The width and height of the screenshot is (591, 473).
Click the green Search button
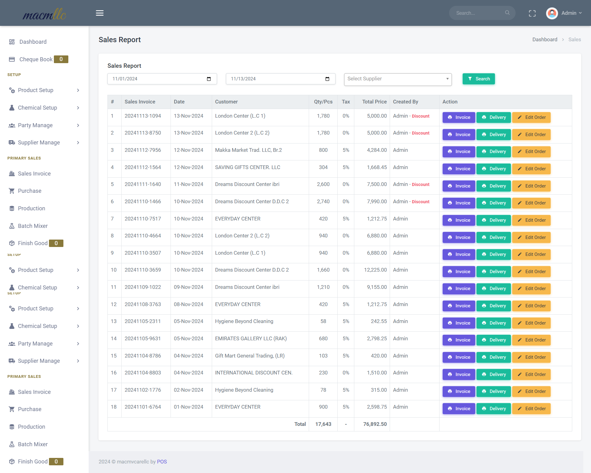478,79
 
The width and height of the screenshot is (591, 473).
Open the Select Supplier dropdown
398,79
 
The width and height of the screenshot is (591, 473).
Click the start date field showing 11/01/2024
162,79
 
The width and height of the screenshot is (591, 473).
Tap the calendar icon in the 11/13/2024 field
327,79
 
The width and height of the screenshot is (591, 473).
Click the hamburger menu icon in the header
100,13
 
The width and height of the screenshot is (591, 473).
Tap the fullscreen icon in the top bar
532,13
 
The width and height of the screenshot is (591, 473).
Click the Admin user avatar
552,13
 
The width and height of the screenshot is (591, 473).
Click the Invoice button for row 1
459,117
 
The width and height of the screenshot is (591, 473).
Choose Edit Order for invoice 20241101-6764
531,409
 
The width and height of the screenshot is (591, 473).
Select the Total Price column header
374,102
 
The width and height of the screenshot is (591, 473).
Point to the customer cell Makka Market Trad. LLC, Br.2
248,150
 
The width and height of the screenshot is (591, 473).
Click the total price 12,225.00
375,270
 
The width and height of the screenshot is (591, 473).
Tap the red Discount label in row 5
420,184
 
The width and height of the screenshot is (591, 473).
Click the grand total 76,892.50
375,424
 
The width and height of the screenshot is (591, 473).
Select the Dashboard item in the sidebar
33,42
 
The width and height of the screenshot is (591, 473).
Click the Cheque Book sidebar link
36,59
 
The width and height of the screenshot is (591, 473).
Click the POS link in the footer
162,462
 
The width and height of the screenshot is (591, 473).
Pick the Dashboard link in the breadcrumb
545,39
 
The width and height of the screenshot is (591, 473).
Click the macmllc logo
44,14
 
